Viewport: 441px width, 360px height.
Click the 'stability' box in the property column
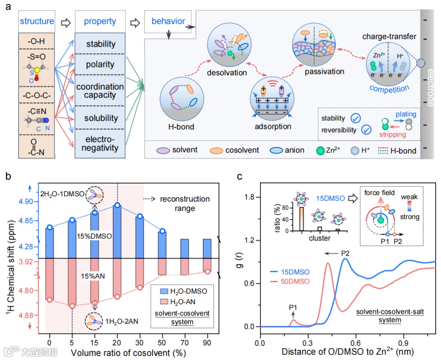click(x=100, y=44)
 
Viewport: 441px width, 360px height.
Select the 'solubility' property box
click(x=100, y=118)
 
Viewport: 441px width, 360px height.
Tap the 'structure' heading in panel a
click(x=36, y=22)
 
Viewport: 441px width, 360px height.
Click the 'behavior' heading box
click(x=169, y=21)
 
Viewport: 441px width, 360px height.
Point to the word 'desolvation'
click(x=227, y=73)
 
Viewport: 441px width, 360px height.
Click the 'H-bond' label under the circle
click(x=181, y=127)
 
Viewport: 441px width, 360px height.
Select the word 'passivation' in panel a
click(x=324, y=72)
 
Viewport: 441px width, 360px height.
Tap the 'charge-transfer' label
click(x=389, y=37)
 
